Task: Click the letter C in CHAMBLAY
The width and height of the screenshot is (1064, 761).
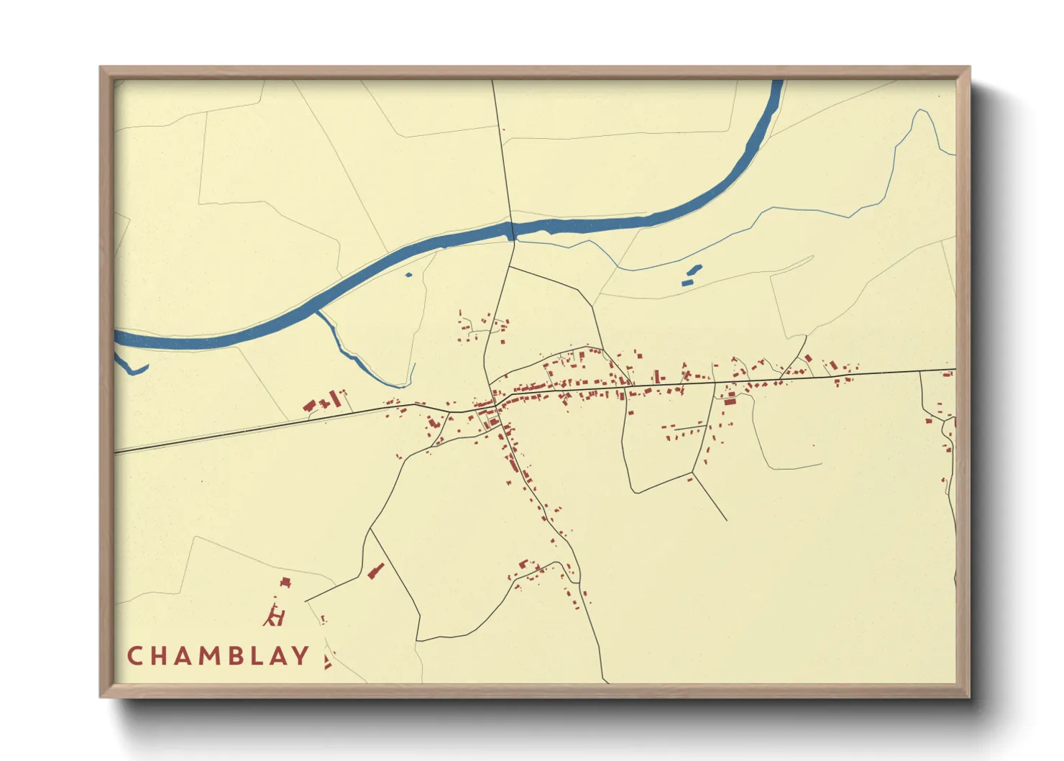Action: click(x=134, y=656)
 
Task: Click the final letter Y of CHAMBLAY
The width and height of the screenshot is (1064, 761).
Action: click(x=301, y=656)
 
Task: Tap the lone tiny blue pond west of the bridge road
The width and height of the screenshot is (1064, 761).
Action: click(x=409, y=275)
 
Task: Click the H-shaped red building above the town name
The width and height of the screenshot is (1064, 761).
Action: click(x=275, y=616)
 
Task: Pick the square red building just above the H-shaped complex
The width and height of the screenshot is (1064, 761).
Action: click(x=285, y=582)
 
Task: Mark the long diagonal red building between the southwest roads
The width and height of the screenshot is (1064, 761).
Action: click(x=375, y=571)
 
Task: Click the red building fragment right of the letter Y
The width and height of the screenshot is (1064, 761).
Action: click(x=328, y=662)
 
